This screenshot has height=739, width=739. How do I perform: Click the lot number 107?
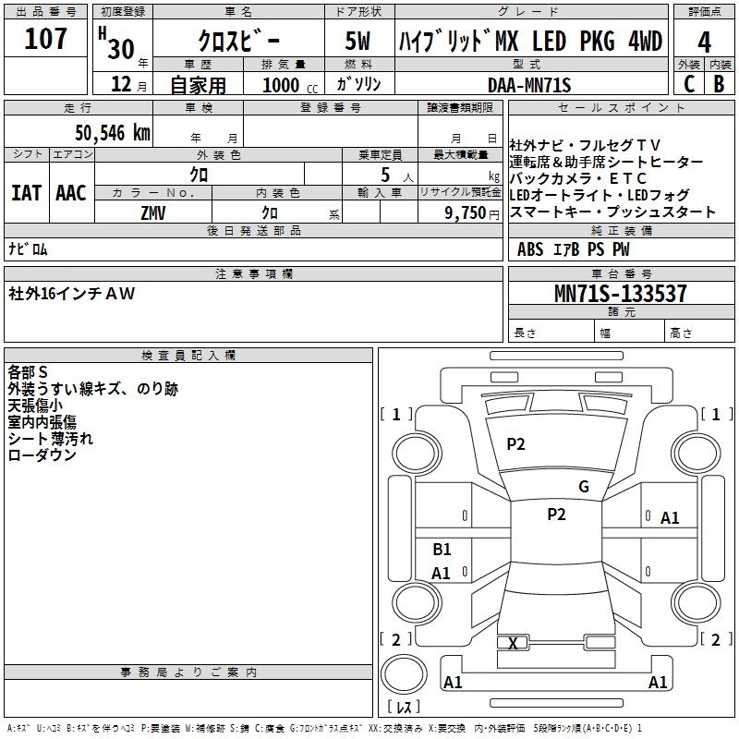coord(46,39)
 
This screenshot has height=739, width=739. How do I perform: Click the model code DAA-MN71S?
coord(530,85)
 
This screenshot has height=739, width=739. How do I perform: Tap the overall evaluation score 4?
coord(705,42)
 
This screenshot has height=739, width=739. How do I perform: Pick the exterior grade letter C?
coord(689,84)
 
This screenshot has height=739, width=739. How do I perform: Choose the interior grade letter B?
coord(719,84)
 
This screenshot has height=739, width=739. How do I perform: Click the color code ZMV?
coord(154,212)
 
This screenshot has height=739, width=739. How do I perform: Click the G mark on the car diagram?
coord(584,487)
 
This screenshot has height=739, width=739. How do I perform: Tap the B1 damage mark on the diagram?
coord(442,550)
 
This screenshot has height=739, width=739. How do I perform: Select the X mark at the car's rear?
coord(513,643)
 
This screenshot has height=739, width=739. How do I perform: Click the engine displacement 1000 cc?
coord(289,85)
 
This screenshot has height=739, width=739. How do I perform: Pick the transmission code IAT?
coord(26,193)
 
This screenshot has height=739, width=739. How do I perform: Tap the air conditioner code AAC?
coord(70,193)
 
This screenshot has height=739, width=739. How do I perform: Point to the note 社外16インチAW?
coord(72,294)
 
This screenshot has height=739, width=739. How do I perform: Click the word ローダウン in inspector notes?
coord(42,454)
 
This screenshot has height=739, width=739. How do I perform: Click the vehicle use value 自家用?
coord(199,85)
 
